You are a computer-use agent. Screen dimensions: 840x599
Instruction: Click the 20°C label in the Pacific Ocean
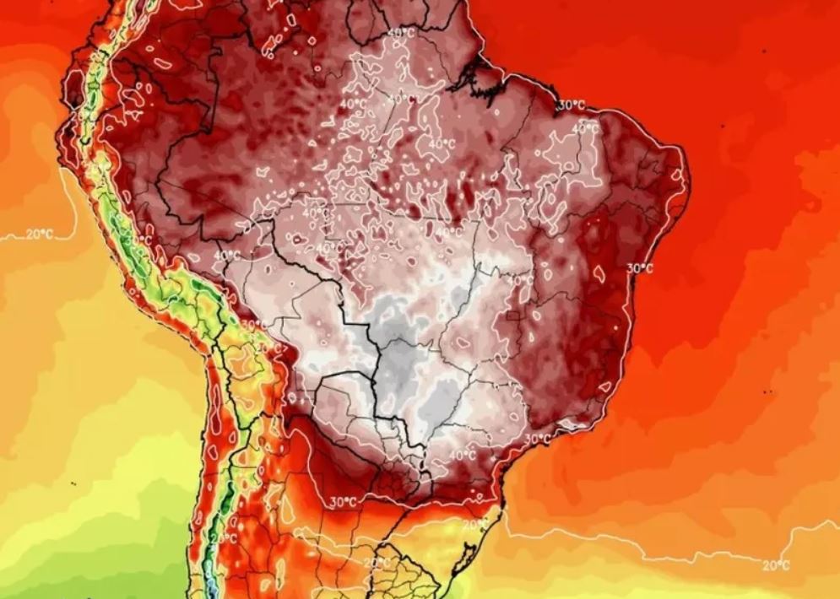pyautogui.click(x=39, y=235)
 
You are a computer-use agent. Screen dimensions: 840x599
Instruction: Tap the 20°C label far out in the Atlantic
pyautogui.click(x=775, y=565)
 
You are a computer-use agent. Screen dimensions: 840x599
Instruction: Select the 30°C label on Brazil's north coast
pyautogui.click(x=572, y=105)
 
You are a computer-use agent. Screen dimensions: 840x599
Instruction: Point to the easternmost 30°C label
pyautogui.click(x=640, y=268)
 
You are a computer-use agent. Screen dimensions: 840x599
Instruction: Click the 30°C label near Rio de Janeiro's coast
pyautogui.click(x=536, y=440)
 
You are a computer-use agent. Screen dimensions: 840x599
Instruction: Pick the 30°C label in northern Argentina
pyautogui.click(x=342, y=503)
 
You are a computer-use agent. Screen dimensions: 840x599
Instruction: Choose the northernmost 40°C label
pyautogui.click(x=401, y=33)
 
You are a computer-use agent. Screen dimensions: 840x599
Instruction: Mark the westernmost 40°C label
pyautogui.click(x=225, y=254)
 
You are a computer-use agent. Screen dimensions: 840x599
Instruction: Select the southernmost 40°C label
pyautogui.click(x=462, y=455)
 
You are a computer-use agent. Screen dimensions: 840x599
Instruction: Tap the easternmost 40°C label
pyautogui.click(x=585, y=127)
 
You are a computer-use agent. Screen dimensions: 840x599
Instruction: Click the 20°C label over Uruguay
pyautogui.click(x=377, y=562)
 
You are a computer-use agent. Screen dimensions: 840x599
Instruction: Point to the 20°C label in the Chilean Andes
pyautogui.click(x=224, y=537)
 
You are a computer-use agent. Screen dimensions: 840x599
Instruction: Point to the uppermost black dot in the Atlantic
pyautogui.click(x=722, y=125)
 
